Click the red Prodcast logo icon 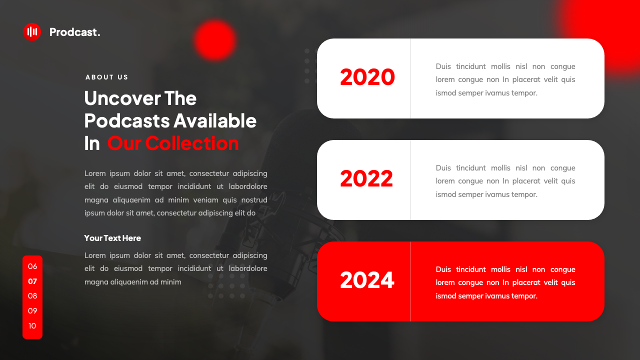click(x=32, y=32)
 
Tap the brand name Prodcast click(x=74, y=32)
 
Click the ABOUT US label click(x=107, y=77)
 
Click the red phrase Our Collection click(x=173, y=143)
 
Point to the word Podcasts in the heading click(x=127, y=120)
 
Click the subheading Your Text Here click(x=112, y=238)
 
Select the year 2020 click(x=367, y=77)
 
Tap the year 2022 click(x=366, y=179)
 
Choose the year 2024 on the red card click(x=367, y=280)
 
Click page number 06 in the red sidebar click(x=32, y=266)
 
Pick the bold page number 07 click(x=32, y=281)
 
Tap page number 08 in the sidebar click(x=32, y=296)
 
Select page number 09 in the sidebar click(x=32, y=311)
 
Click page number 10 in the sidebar click(x=32, y=326)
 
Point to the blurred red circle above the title click(x=215, y=40)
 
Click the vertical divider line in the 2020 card click(x=410, y=78)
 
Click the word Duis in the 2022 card click(x=443, y=168)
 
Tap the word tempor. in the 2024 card click(x=524, y=296)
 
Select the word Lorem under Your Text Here click(x=95, y=255)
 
